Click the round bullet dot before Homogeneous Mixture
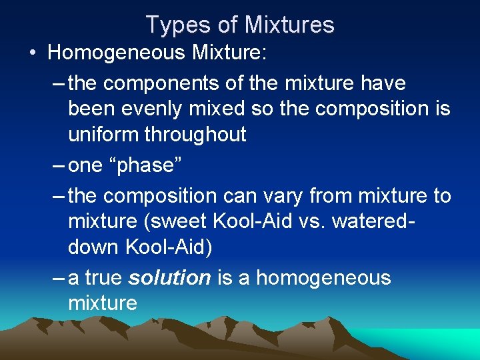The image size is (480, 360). coord(33,53)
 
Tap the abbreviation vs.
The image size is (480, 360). coord(317,221)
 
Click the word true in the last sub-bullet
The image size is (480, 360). coord(102,277)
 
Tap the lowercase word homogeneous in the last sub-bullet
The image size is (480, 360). coord(323,277)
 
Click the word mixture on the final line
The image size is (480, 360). coord(103,303)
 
